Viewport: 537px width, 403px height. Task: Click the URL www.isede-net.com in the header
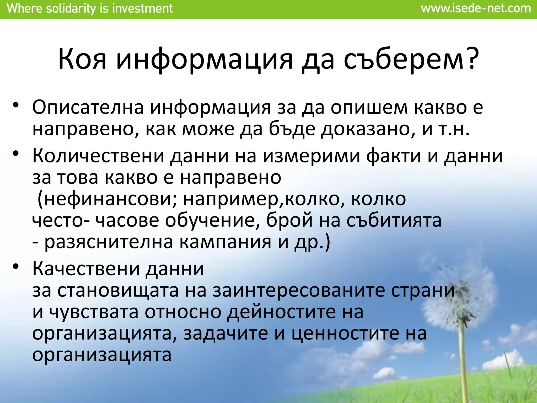[476, 9]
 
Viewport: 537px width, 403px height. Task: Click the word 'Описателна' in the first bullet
[88, 108]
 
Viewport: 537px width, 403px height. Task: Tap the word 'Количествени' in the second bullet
[98, 156]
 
